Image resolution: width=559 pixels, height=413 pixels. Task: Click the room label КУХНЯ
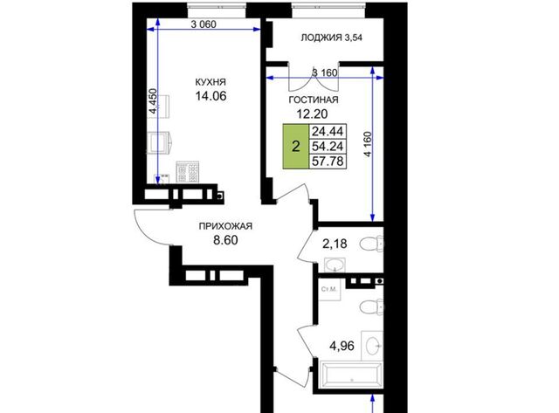(210, 82)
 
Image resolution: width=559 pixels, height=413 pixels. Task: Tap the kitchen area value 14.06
(210, 96)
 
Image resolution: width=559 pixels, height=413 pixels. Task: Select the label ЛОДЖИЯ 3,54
(332, 38)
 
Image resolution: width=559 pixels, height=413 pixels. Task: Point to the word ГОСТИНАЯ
(314, 100)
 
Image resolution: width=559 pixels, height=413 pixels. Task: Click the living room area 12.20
(313, 114)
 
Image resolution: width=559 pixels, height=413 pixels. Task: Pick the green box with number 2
(296, 147)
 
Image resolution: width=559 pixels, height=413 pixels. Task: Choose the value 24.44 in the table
(328, 132)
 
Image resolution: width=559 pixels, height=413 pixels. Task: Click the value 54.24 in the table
(328, 146)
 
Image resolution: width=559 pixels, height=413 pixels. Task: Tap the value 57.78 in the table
(328, 161)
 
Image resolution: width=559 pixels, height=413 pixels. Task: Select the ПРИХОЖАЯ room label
(225, 226)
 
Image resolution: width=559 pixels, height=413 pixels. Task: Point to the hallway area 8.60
(225, 240)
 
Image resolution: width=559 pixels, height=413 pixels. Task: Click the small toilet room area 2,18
(335, 244)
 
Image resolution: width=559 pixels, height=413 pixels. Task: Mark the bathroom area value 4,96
(342, 346)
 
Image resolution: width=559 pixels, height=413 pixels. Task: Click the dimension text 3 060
(204, 24)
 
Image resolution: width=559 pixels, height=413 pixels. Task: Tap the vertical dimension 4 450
(153, 100)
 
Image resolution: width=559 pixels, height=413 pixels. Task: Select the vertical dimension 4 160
(368, 144)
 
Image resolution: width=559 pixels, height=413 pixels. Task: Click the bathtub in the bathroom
(351, 375)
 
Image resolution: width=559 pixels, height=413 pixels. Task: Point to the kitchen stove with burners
(188, 172)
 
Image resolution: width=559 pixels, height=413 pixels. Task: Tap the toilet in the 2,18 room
(372, 244)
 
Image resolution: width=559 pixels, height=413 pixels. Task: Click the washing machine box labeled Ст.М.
(330, 290)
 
